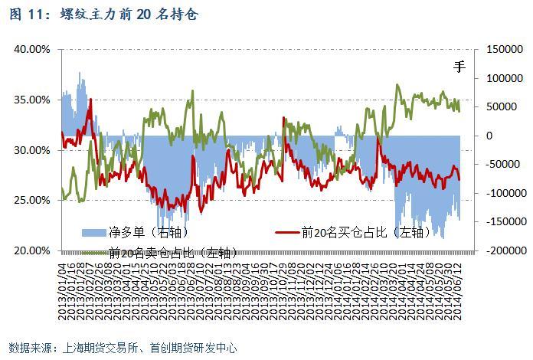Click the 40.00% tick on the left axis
point(33,49)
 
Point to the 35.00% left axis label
point(33,100)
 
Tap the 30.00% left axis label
point(33,150)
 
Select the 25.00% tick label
point(33,200)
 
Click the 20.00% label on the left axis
point(33,250)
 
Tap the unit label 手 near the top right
point(459,67)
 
